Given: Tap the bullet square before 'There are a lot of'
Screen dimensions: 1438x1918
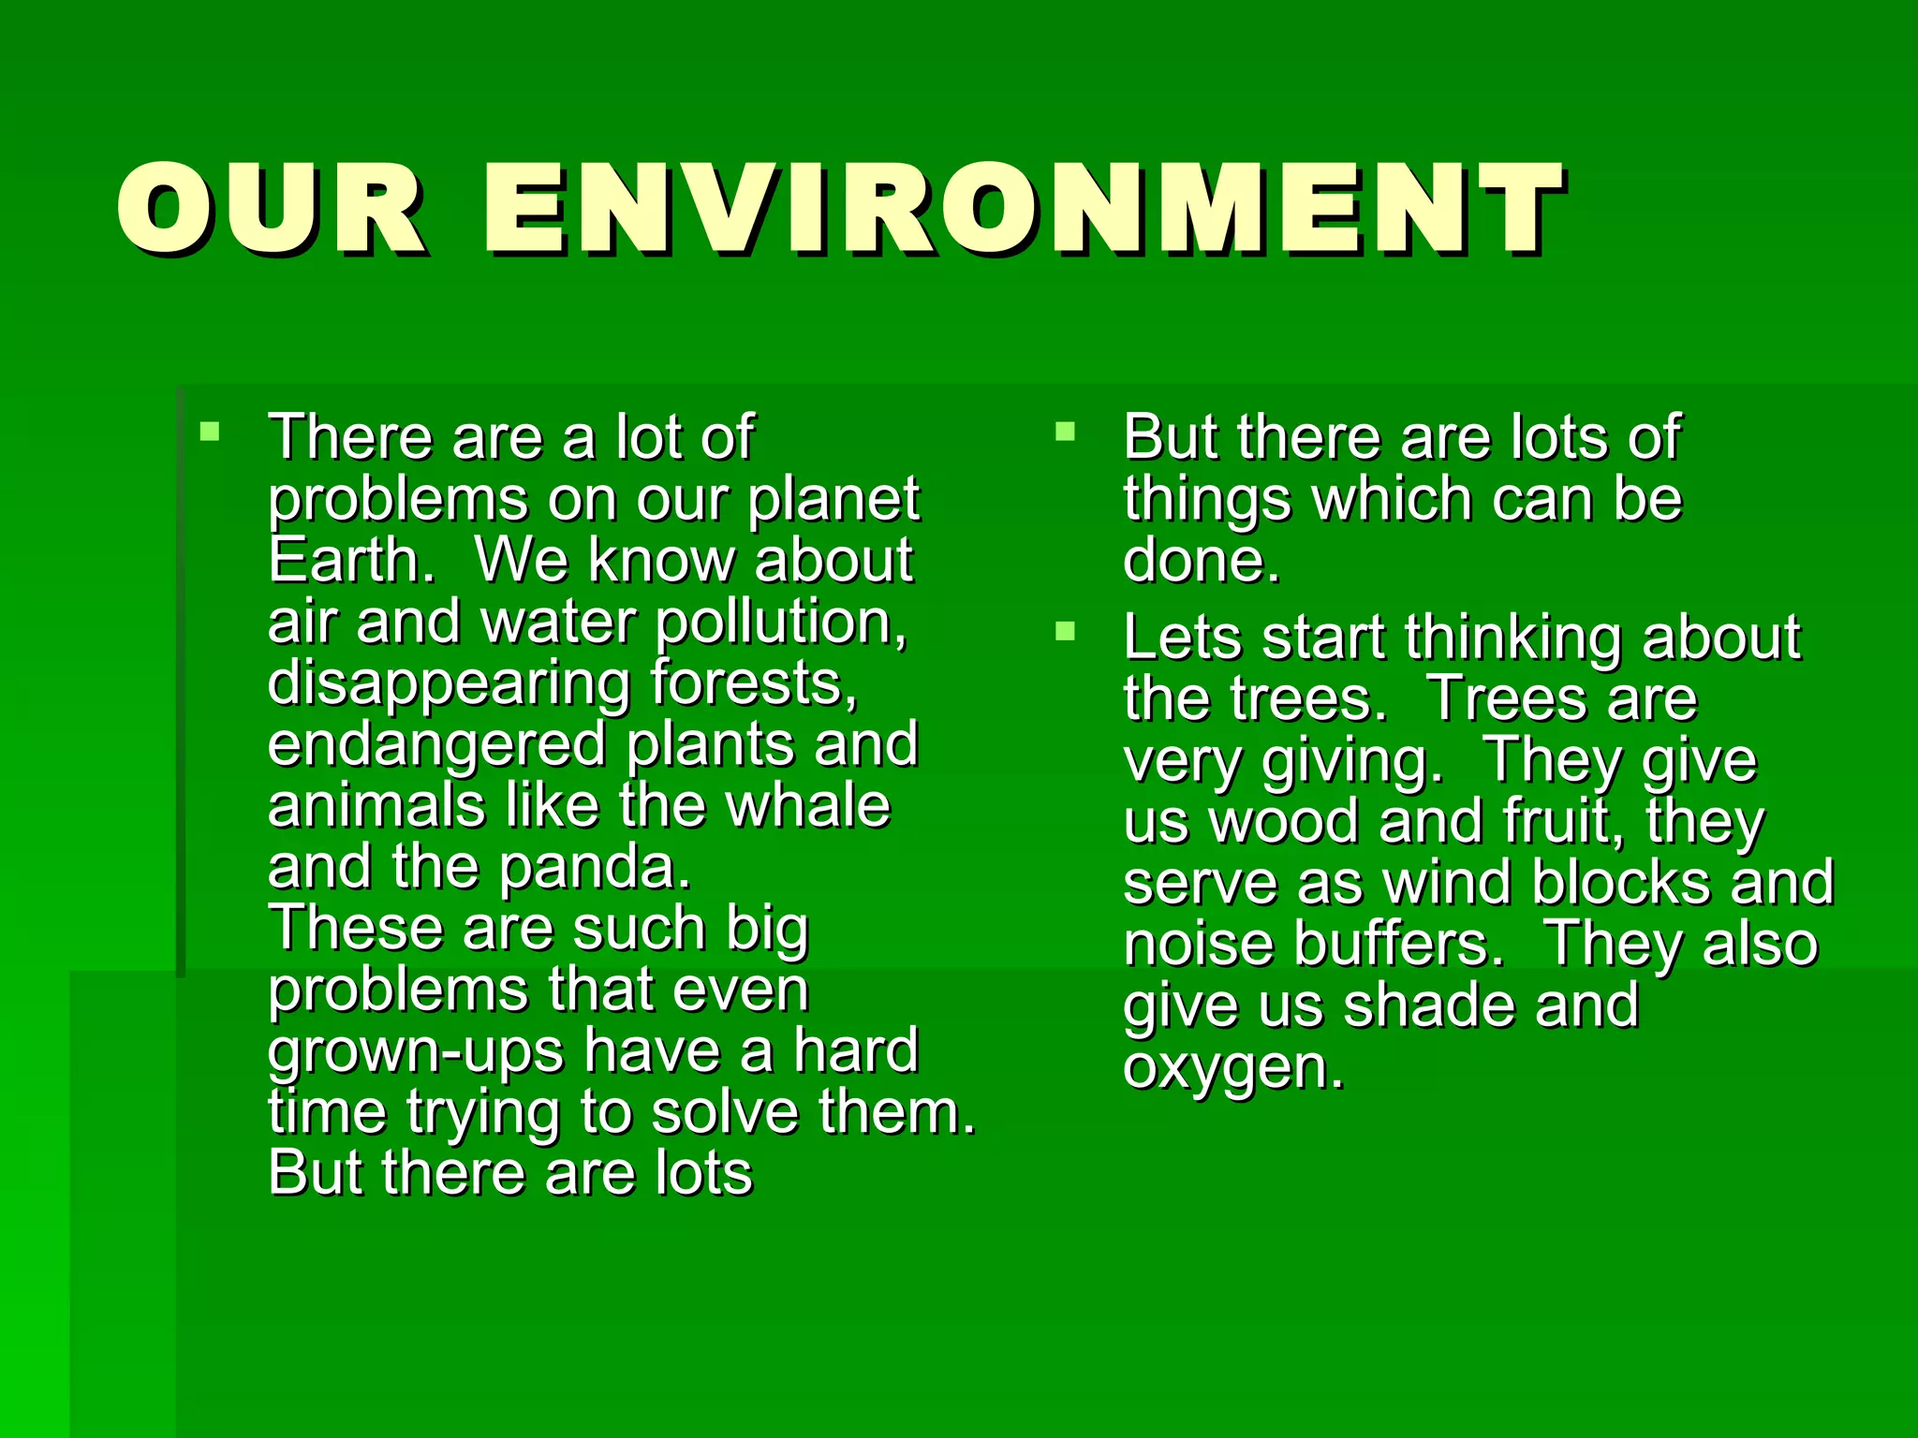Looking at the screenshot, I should coord(210,432).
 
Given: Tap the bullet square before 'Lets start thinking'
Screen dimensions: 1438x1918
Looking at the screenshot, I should coord(1065,631).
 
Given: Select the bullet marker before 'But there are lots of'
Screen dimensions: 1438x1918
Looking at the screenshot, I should coord(1065,432).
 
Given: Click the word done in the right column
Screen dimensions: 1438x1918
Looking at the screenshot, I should coord(1200,560).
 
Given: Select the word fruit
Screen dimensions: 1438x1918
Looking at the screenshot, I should coord(1565,821).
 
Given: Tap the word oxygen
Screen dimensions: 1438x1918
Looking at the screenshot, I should coord(1232,1068).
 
